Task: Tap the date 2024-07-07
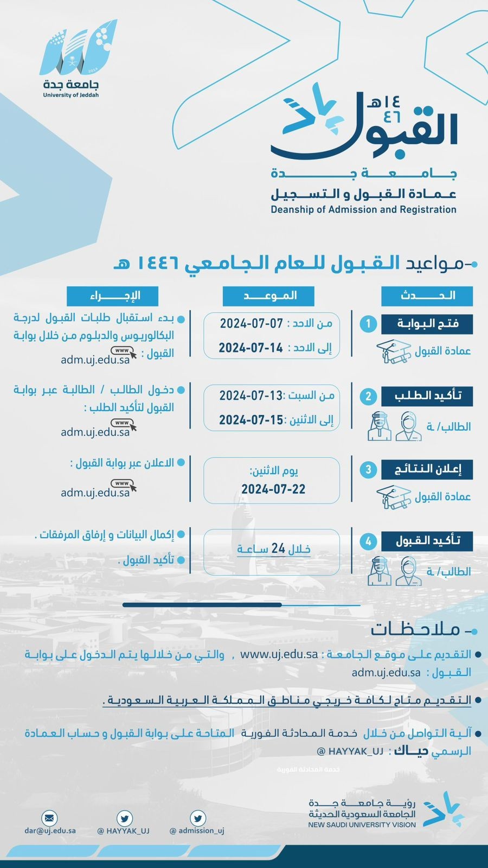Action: (x=252, y=323)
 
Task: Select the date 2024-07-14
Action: (x=251, y=348)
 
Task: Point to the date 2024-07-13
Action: (x=251, y=395)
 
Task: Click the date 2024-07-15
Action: (x=251, y=420)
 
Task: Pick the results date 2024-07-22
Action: (x=273, y=489)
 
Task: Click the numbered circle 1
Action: (x=368, y=324)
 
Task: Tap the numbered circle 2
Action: (x=368, y=396)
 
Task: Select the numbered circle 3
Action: (x=368, y=469)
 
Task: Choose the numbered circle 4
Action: (x=368, y=541)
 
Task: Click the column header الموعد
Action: (x=269, y=296)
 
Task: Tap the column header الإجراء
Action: (x=113, y=296)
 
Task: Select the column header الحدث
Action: (x=427, y=296)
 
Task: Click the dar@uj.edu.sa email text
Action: (x=50, y=830)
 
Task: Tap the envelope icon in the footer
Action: (x=49, y=818)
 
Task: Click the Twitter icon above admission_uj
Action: (x=198, y=818)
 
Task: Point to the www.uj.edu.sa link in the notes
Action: (x=279, y=654)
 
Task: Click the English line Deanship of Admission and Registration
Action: (x=363, y=209)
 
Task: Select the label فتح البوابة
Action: (x=427, y=324)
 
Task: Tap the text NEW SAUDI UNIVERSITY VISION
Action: (x=362, y=825)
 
